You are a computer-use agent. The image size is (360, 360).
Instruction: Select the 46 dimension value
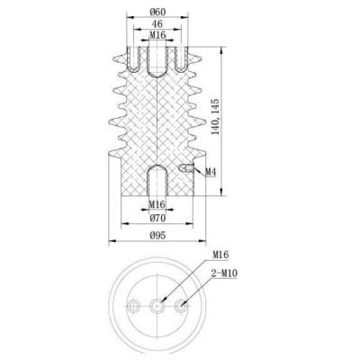click(x=157, y=22)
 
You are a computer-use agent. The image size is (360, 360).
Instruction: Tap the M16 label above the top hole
click(x=157, y=34)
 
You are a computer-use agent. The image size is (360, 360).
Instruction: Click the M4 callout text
click(x=210, y=171)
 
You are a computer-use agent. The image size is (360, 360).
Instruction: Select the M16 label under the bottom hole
click(x=157, y=204)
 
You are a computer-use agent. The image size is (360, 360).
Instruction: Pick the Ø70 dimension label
click(x=157, y=217)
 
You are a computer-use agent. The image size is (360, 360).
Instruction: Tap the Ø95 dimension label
click(x=157, y=236)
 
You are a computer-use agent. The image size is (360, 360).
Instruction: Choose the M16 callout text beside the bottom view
click(x=219, y=256)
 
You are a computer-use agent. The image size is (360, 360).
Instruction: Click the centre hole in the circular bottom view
click(x=157, y=306)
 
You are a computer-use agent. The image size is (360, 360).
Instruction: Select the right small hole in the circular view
click(x=182, y=306)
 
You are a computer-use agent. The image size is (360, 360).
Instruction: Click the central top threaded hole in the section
click(x=157, y=63)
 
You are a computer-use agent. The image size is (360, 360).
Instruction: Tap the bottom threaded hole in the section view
click(x=157, y=180)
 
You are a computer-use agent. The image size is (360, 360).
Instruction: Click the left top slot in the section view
click(x=132, y=59)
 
